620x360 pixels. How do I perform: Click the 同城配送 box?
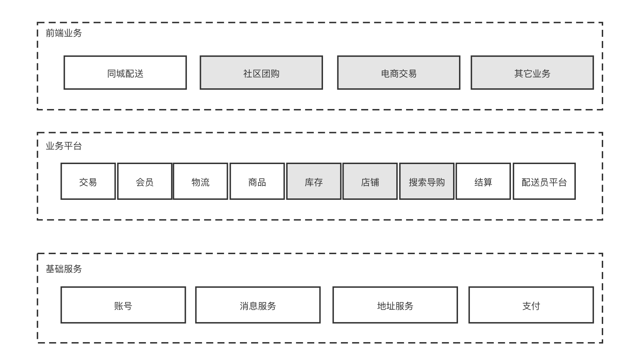click(x=125, y=73)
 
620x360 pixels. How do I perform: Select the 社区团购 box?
click(x=261, y=73)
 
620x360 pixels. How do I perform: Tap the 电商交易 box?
click(x=399, y=73)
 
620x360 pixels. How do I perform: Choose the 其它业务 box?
click(x=532, y=73)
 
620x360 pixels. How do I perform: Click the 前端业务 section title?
click(x=64, y=33)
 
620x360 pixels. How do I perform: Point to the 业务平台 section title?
click(x=64, y=146)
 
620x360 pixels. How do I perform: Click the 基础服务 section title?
click(x=64, y=269)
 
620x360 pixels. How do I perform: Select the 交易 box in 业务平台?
click(x=88, y=182)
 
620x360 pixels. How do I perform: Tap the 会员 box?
click(x=144, y=182)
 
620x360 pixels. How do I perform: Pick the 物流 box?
click(x=201, y=182)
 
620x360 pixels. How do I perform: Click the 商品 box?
click(x=257, y=182)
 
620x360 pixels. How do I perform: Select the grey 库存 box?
click(x=314, y=182)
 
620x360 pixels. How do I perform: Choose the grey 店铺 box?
click(x=370, y=182)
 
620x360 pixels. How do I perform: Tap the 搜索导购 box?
click(x=427, y=182)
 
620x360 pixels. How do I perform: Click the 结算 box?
click(x=483, y=182)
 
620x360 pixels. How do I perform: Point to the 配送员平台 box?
click(x=544, y=182)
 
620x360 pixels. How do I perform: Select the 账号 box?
click(x=123, y=305)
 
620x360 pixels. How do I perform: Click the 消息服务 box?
click(x=258, y=305)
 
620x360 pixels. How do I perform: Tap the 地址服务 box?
click(x=395, y=305)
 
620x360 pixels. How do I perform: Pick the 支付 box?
click(x=531, y=305)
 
